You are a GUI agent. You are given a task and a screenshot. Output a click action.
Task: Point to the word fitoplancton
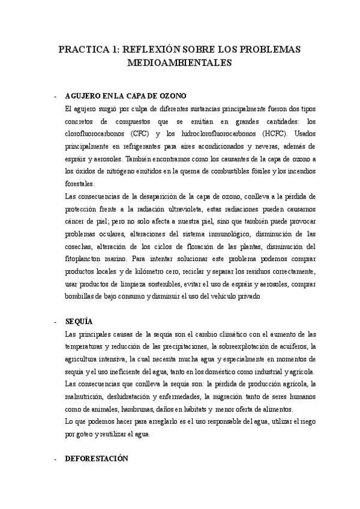tap(86, 259)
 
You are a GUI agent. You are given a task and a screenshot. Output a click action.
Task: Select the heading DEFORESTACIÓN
tap(96, 459)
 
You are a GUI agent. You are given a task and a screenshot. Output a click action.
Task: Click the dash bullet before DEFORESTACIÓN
tap(55, 459)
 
